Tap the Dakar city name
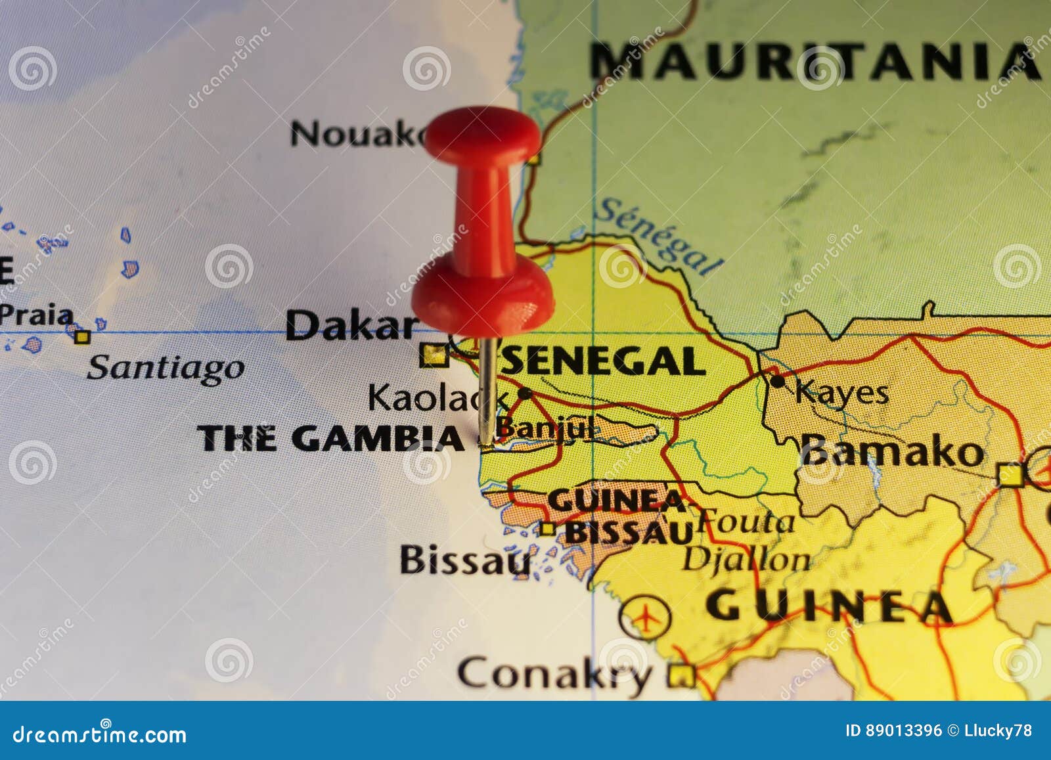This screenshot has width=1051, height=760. point(351,325)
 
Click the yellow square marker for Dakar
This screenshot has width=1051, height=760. point(433,355)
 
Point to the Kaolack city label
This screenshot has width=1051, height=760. point(437,397)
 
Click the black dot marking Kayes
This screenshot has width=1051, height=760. point(778,380)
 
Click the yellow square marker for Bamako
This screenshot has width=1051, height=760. point(1010,474)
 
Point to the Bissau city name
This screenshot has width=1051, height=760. point(464,560)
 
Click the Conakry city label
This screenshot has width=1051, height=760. point(555,673)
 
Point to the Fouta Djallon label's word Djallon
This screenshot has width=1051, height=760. point(746,560)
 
